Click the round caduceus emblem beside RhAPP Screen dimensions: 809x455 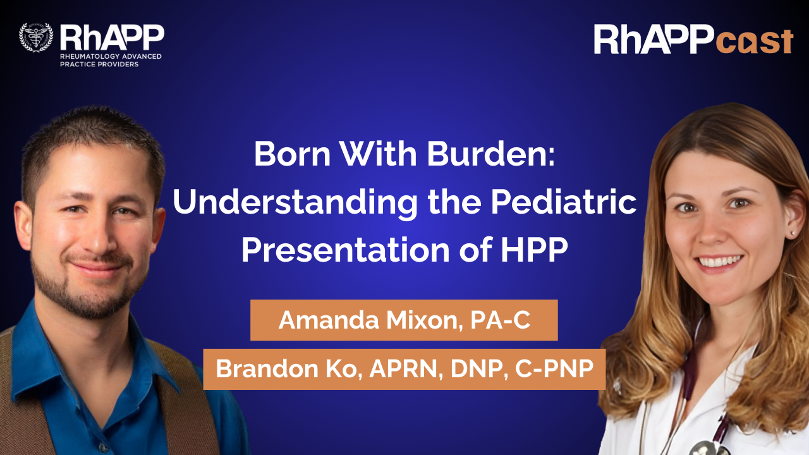[36, 37]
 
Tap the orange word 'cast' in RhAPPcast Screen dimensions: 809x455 [755, 42]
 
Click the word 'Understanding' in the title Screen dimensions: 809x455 [295, 203]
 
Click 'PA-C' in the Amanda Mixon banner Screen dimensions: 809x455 [500, 320]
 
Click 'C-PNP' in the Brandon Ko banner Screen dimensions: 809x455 [554, 368]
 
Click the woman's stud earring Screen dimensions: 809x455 [791, 234]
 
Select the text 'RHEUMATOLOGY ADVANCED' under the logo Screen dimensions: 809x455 [111, 56]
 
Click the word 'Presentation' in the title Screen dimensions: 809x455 [346, 250]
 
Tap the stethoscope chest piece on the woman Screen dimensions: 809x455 [702, 449]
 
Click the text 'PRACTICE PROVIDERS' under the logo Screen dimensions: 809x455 [99, 64]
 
